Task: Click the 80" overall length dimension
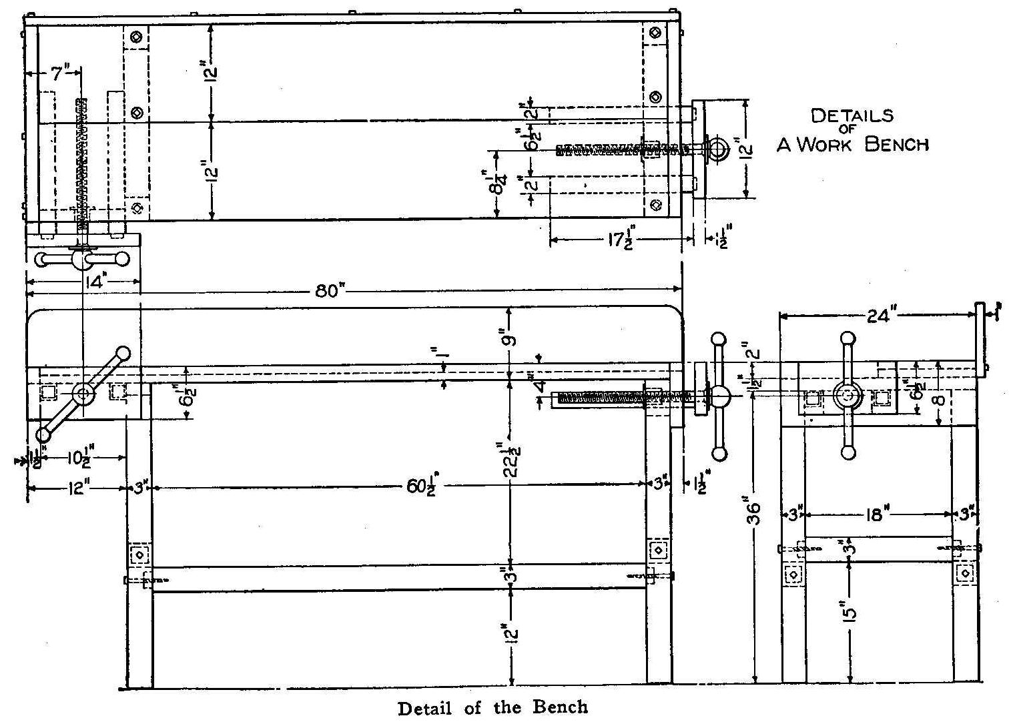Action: pyautogui.click(x=328, y=292)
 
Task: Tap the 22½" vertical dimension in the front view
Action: pyautogui.click(x=512, y=459)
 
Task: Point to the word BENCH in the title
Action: pyautogui.click(x=896, y=144)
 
